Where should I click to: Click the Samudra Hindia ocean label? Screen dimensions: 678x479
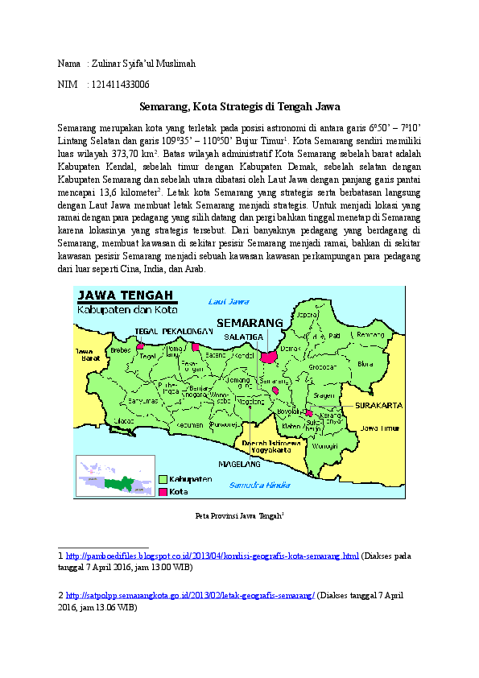coord(259,485)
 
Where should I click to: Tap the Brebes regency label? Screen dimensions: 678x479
coord(120,349)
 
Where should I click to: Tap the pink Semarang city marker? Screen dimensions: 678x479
coord(268,355)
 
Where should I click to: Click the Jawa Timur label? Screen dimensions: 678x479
coord(378,429)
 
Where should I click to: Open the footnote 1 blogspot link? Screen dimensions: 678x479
coord(212,556)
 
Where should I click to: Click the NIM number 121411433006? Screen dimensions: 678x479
coord(118,84)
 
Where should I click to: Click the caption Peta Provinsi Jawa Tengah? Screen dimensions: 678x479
coord(241,515)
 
